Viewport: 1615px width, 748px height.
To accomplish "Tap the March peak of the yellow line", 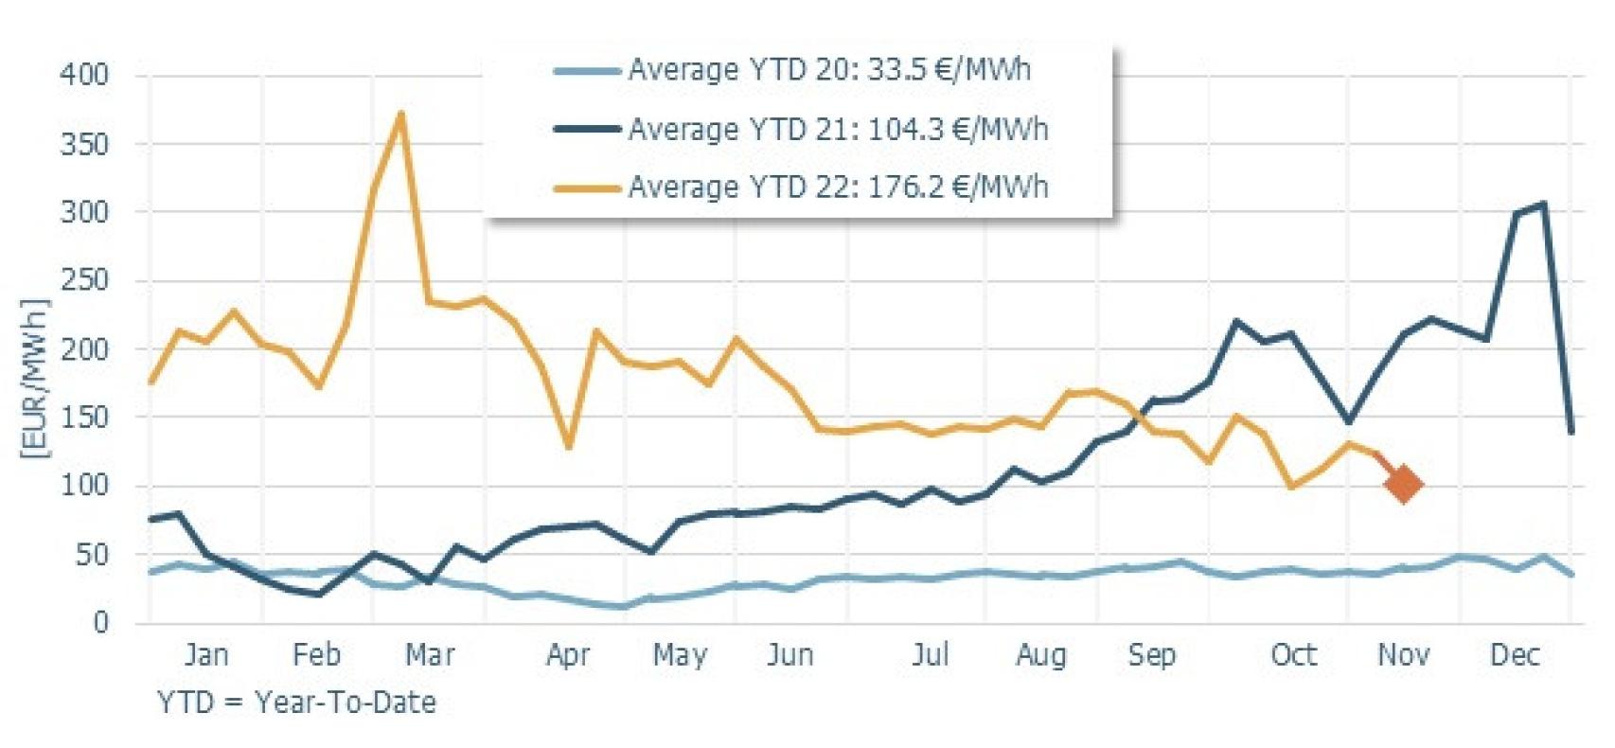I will pyautogui.click(x=401, y=115).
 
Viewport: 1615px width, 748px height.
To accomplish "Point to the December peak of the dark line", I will pyautogui.click(x=1543, y=204).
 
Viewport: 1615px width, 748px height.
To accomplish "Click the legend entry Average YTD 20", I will pyautogui.click(x=828, y=70).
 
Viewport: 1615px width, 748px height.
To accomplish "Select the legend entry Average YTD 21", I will pyautogui.click(x=837, y=129).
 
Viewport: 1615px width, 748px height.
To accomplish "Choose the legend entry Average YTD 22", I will pyautogui.click(x=837, y=187).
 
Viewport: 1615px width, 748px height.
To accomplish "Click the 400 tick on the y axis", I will pyautogui.click(x=84, y=74).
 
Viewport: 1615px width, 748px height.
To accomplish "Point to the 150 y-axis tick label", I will pyautogui.click(x=84, y=418).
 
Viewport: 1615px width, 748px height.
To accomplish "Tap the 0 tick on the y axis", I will pyautogui.click(x=100, y=623).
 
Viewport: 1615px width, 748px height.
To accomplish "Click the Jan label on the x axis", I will pyautogui.click(x=205, y=655).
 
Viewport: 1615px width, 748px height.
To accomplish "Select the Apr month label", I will pyautogui.click(x=568, y=655).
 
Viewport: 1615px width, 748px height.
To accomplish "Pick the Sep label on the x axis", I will pyautogui.click(x=1151, y=655).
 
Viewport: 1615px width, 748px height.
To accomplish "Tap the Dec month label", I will pyautogui.click(x=1515, y=655).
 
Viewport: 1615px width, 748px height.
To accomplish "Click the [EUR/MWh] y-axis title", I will pyautogui.click(x=34, y=379).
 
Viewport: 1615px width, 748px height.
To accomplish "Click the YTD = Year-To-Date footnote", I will pyautogui.click(x=296, y=703).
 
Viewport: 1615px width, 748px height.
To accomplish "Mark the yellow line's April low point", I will pyautogui.click(x=568, y=447).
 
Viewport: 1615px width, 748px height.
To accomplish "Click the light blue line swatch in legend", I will pyautogui.click(x=587, y=70).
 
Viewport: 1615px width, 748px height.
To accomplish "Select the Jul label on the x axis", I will pyautogui.click(x=930, y=655).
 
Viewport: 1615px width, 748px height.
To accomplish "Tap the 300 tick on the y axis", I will pyautogui.click(x=84, y=212).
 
